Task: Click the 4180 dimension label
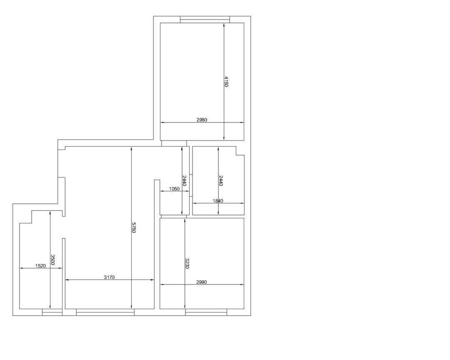coord(226,82)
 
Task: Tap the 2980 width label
coord(202,120)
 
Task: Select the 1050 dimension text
coord(174,189)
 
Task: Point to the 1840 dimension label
coord(218,201)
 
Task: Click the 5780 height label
coord(133,227)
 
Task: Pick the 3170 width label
coord(109,277)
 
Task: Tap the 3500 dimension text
coord(52,260)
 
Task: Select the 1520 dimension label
coord(40,266)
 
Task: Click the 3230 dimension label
coord(187,263)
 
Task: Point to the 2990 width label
coord(202,282)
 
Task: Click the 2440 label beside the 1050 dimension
coord(185,181)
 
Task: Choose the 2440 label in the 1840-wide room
coord(221,181)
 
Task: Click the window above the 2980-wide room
coord(205,20)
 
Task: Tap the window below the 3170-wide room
coord(105,312)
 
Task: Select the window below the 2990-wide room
coord(206,312)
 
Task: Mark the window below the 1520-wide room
coord(52,312)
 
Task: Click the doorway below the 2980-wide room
coord(174,143)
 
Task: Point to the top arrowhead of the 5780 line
coord(131,149)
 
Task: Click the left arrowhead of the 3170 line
coord(67,280)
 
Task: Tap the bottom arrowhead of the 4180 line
coord(224,138)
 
